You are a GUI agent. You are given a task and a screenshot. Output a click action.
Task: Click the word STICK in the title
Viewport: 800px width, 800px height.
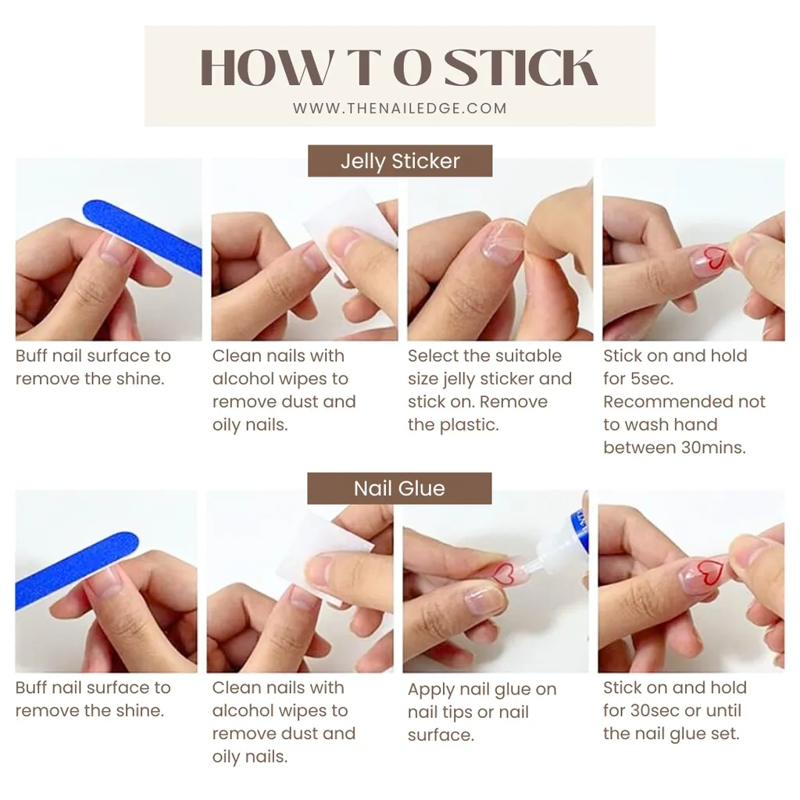520,67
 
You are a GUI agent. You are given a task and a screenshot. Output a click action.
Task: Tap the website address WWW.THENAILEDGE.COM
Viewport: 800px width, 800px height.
400,108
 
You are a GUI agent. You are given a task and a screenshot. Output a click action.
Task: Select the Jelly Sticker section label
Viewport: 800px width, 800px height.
400,161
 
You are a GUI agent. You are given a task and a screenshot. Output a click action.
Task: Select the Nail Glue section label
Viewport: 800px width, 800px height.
399,488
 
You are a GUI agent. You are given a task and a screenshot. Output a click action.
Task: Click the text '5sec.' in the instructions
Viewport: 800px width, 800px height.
652,379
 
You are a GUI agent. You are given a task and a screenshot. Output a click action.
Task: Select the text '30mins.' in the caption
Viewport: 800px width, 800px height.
713,448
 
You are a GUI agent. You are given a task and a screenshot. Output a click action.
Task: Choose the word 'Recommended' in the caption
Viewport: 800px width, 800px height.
668,402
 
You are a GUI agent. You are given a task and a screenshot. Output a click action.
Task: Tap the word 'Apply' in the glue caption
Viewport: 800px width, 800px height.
430,690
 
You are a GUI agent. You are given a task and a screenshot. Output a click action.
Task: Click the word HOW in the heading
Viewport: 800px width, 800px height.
266,67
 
